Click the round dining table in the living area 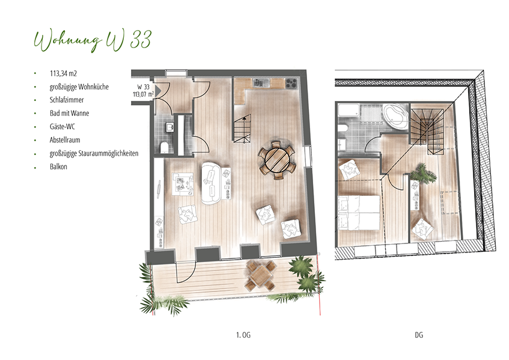click(277, 160)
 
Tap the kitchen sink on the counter click(261, 84)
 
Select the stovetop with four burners click(292, 84)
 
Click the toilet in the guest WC click(165, 147)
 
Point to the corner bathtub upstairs click(395, 116)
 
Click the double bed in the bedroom click(359, 213)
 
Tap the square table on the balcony click(261, 274)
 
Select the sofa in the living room click(211, 183)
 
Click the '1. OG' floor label click(243, 335)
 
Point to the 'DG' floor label click(419, 335)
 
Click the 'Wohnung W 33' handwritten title click(93, 41)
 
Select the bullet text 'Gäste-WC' click(62, 127)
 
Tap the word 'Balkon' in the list click(58, 166)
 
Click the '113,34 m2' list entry click(63, 73)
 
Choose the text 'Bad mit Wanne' click(69, 114)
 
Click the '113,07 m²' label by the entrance click(143, 94)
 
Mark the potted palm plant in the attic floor click(422, 174)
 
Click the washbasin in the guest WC click(169, 127)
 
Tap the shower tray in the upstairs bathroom click(349, 110)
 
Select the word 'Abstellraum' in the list click(65, 140)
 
